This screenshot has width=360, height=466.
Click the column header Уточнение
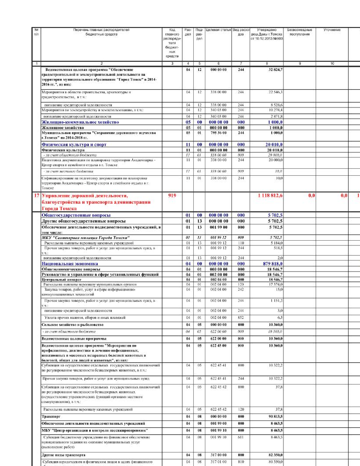click(332, 30)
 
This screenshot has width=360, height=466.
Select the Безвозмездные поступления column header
click(299, 32)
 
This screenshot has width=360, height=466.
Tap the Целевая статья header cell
click(218, 30)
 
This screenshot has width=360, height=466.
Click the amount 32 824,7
click(275, 70)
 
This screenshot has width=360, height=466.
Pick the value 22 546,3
click(275, 92)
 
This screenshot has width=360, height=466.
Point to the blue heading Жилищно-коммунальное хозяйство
click(80, 122)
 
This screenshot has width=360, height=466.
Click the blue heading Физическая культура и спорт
click(74, 145)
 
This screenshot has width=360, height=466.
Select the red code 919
click(172, 195)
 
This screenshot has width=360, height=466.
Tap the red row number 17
click(36, 195)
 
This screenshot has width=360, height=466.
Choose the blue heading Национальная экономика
click(70, 264)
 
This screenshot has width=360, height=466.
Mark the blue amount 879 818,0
click(272, 264)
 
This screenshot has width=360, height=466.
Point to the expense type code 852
click(241, 317)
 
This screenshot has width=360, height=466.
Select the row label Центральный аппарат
click(62, 280)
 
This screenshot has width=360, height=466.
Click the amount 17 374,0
click(276, 284)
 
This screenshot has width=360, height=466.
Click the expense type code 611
click(241, 437)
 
